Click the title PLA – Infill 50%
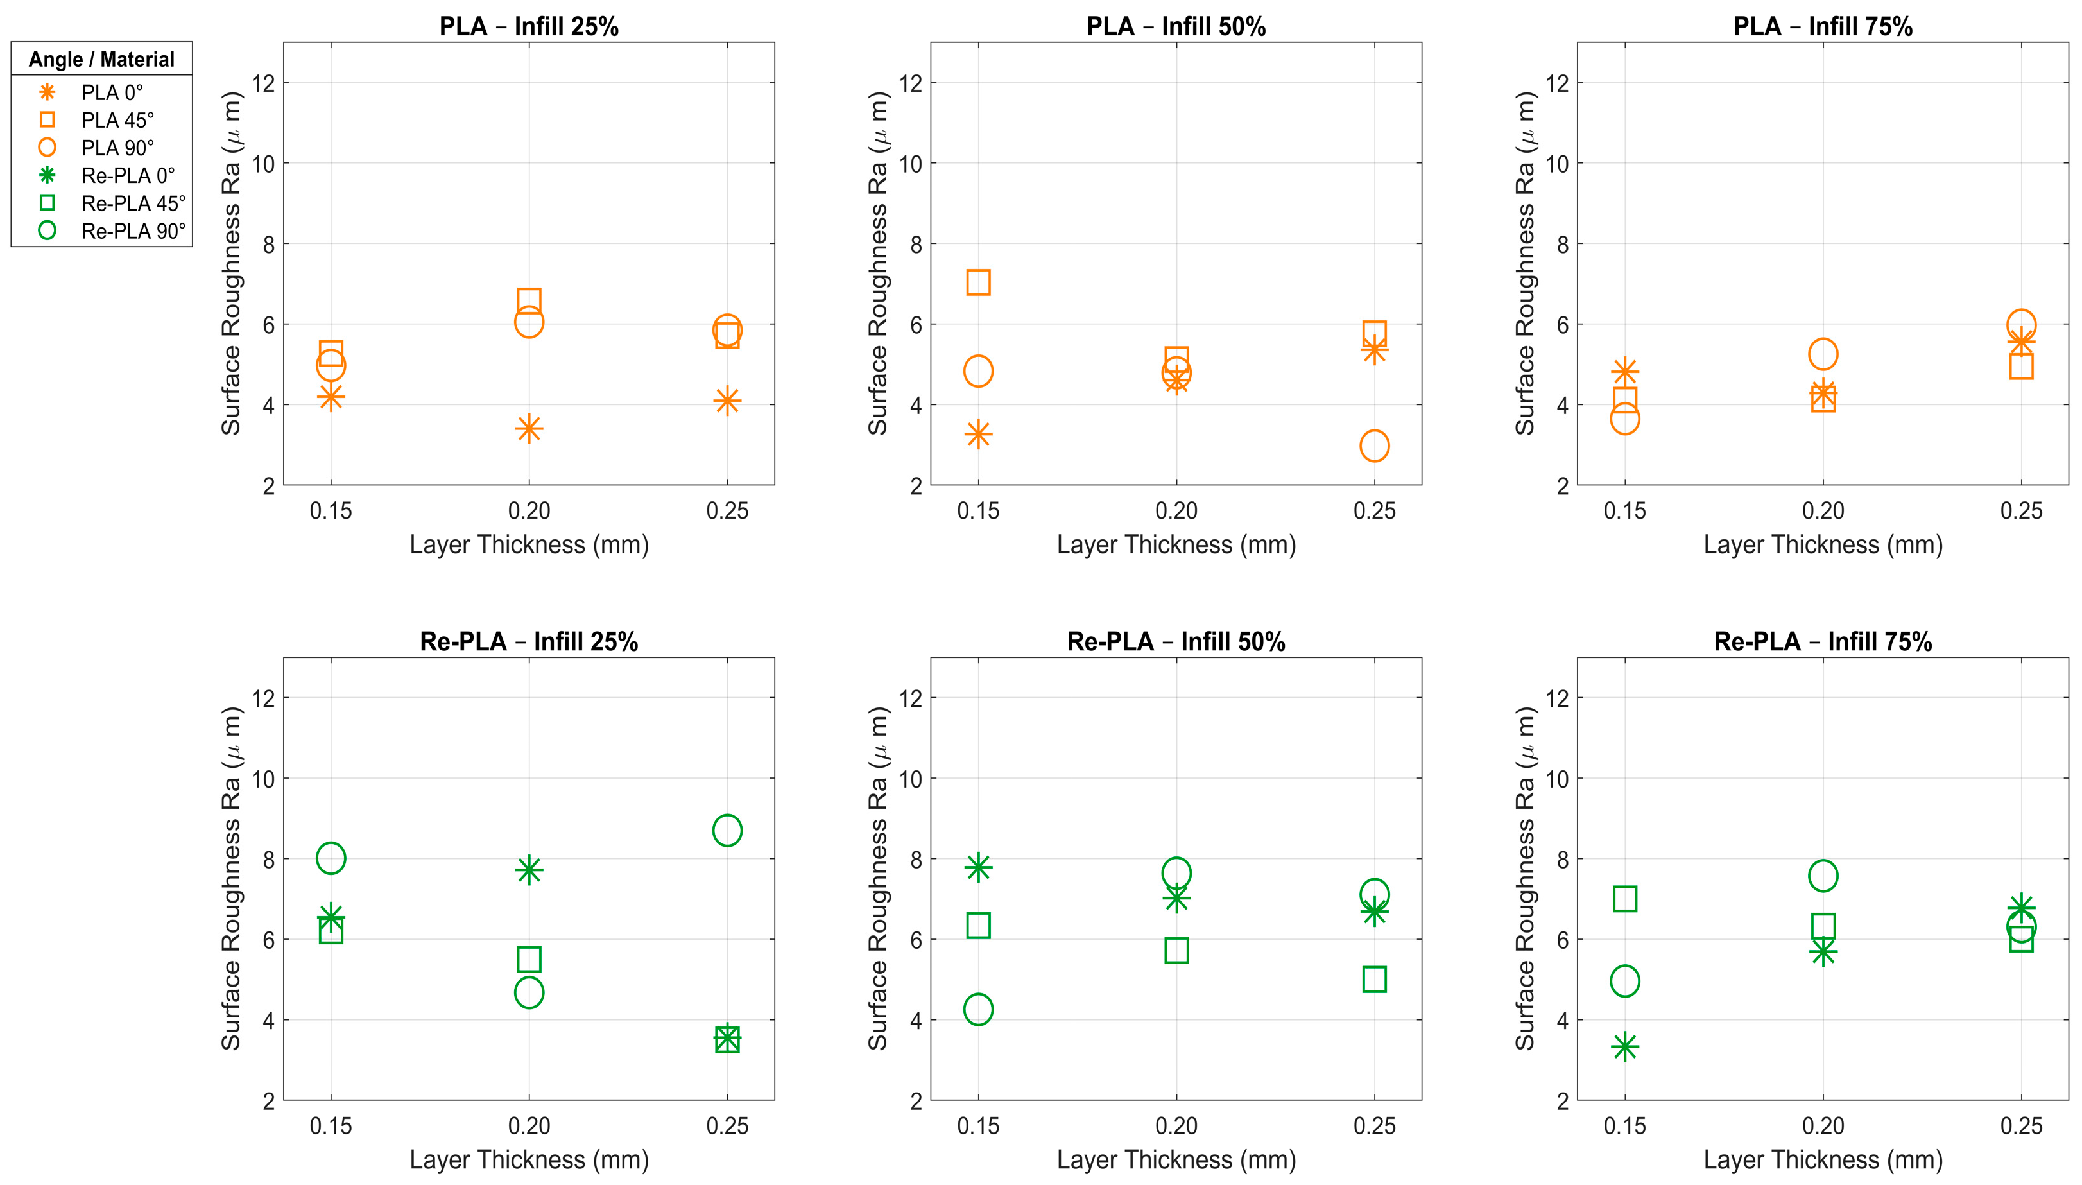1176,27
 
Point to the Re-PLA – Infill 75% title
1823,641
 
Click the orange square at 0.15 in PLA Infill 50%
978,282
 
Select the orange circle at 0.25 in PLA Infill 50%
1374,445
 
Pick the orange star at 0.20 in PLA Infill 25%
529,428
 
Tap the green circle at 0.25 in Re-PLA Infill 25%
727,830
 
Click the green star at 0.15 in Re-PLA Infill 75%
1625,1046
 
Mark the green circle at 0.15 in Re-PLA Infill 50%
978,1009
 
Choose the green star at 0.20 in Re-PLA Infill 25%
529,870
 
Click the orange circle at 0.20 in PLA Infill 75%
1823,354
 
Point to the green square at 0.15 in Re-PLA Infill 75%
1625,899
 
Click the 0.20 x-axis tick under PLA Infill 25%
529,511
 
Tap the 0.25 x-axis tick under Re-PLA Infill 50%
1374,1127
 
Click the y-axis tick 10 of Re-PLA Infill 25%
262,779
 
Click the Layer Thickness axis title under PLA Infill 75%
1823,544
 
